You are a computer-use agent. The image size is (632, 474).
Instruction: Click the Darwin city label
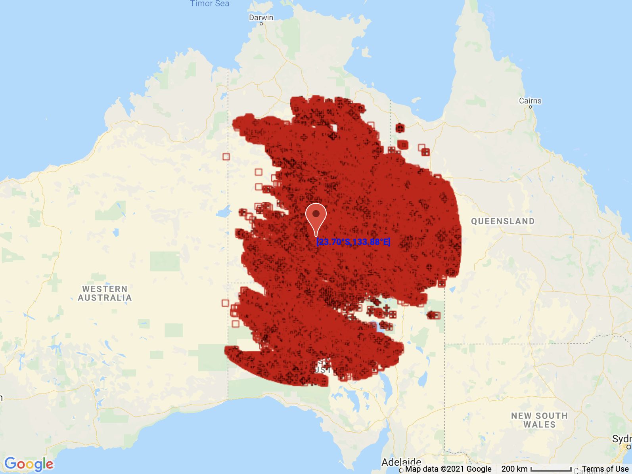(x=261, y=17)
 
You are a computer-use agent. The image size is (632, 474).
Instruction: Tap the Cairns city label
(x=530, y=101)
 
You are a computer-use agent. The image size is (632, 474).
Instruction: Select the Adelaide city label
(x=401, y=462)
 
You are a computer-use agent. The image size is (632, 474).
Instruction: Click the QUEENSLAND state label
(x=503, y=221)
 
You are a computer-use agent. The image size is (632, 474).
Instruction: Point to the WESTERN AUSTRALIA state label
(x=105, y=293)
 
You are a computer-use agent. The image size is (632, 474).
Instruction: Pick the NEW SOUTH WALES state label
(x=539, y=420)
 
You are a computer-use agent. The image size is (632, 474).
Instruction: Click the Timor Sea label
(x=209, y=4)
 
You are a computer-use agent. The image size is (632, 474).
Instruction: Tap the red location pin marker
(x=316, y=218)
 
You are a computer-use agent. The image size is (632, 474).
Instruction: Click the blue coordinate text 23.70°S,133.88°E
(x=353, y=242)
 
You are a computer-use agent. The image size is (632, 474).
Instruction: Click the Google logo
(x=29, y=464)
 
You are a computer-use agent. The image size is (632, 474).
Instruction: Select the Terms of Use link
(x=605, y=469)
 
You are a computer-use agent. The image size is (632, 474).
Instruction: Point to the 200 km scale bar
(x=551, y=469)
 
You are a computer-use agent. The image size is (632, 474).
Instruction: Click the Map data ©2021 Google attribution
(x=448, y=469)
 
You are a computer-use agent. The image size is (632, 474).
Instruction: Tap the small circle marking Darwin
(x=261, y=24)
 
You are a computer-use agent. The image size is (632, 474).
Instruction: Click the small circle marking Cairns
(x=530, y=107)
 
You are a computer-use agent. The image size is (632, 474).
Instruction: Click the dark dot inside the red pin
(x=316, y=214)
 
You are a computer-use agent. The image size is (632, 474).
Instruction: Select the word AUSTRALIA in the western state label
(x=105, y=298)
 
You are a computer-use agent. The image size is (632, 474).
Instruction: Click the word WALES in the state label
(x=539, y=424)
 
